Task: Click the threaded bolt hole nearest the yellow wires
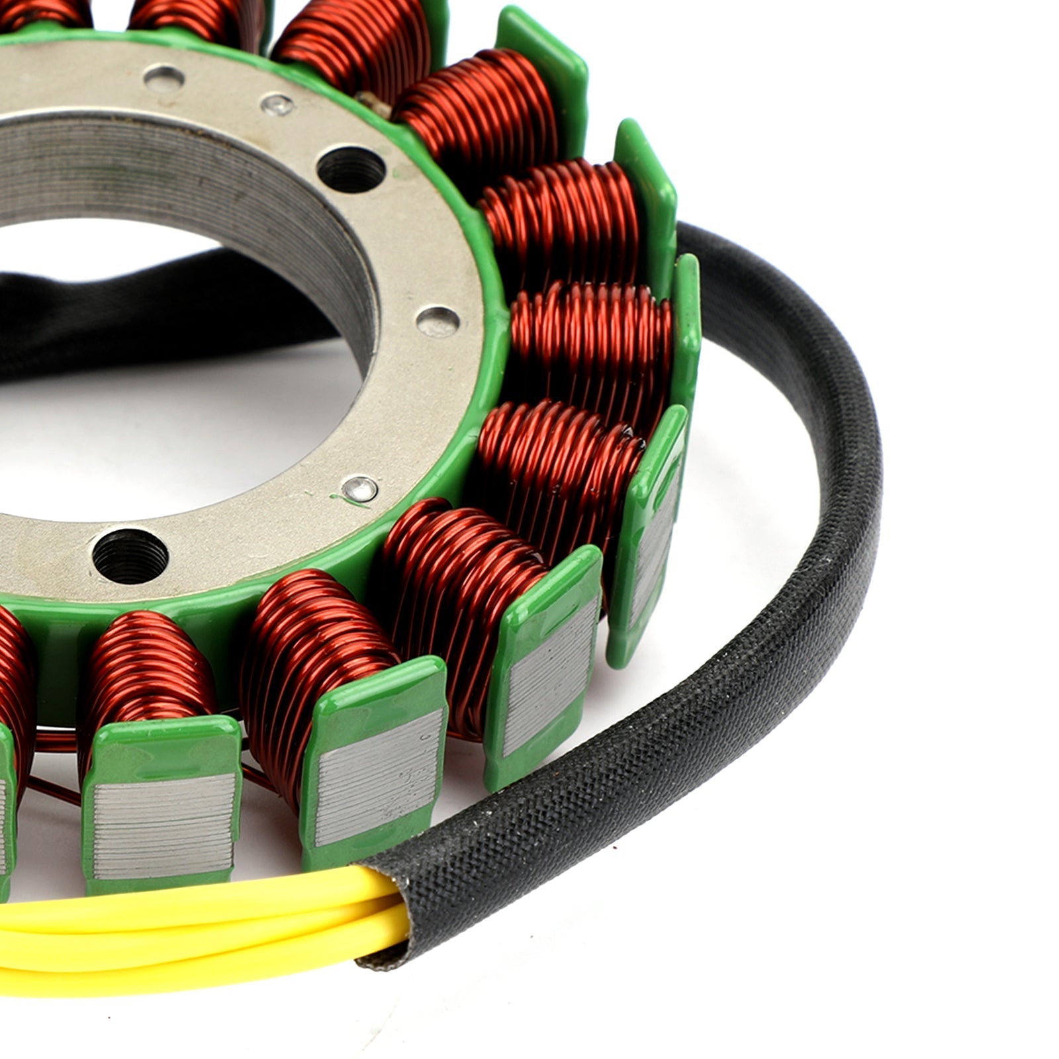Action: (x=130, y=555)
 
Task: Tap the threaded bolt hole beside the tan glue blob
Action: (x=351, y=169)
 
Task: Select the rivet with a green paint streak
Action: (x=361, y=488)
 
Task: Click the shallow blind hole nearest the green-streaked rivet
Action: (x=438, y=322)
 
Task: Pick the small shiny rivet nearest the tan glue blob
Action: (x=277, y=104)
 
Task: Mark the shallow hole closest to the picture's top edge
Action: (x=163, y=79)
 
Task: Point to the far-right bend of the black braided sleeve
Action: (x=854, y=424)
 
